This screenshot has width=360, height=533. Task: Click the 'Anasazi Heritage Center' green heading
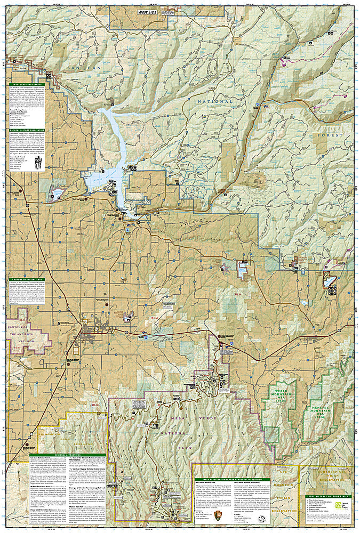tap(28, 84)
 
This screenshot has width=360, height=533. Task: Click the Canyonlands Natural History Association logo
tap(37, 166)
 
